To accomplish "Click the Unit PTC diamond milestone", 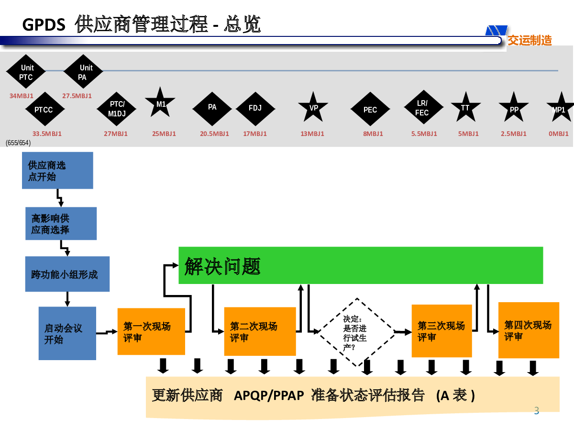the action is (26, 71).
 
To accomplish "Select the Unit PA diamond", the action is (83, 71).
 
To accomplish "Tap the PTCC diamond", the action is (45, 109).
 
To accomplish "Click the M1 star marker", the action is (160, 103).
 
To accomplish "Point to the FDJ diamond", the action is (255, 109).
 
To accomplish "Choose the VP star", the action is (313, 107).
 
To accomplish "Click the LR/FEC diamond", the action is (424, 107).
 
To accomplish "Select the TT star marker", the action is (466, 107).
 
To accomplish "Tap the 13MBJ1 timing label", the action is (312, 134).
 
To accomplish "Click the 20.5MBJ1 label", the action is (214, 134).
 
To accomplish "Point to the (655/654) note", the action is (18, 143).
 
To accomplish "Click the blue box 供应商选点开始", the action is (57, 170).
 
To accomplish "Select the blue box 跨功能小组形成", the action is (67, 274).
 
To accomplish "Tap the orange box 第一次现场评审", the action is (151, 331).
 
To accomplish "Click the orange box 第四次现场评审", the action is (529, 330).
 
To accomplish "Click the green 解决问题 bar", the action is (361, 265).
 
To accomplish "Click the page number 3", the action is (537, 410).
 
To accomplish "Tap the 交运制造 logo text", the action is (530, 41).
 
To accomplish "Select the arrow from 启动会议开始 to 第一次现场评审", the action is (107, 332).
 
